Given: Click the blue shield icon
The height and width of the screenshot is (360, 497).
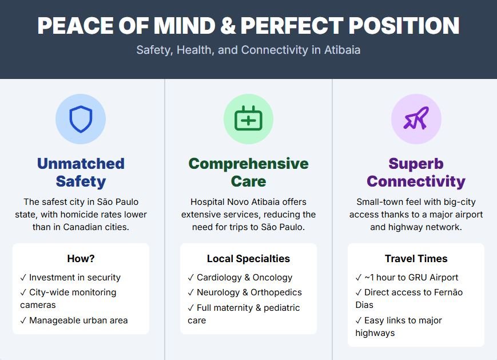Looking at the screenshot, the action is click(x=81, y=119).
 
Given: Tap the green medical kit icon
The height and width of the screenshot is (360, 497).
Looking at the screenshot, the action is click(x=248, y=118).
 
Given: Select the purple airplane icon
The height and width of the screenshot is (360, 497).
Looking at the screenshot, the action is click(x=416, y=118).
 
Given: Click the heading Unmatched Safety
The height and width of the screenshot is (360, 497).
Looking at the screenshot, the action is click(x=81, y=172).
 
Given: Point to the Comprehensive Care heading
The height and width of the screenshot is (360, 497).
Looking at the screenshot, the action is click(x=248, y=172).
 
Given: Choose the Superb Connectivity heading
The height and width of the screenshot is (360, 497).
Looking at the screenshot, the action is click(x=416, y=172).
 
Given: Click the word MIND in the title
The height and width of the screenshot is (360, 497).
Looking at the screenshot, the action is click(x=185, y=25).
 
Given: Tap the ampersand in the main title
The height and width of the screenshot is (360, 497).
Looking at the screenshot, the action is click(x=228, y=25).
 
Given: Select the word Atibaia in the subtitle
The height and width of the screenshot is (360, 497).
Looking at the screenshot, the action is click(x=343, y=50).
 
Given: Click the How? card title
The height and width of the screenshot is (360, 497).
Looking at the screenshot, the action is click(x=81, y=259).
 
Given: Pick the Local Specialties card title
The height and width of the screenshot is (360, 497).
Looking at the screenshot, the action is click(x=248, y=259).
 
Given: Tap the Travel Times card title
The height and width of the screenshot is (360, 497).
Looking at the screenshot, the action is click(x=416, y=259).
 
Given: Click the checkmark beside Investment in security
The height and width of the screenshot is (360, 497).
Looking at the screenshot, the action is click(x=23, y=278).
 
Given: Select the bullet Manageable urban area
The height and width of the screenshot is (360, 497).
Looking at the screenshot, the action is click(x=74, y=321).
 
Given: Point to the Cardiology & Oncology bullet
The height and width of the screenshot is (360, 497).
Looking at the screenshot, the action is click(x=240, y=278).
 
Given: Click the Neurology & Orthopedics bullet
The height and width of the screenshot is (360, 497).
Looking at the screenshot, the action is click(x=245, y=292).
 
